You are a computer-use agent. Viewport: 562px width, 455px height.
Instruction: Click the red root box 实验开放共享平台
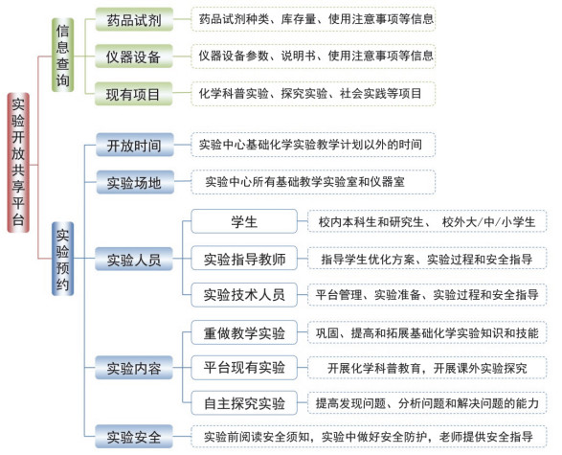[x=18, y=163]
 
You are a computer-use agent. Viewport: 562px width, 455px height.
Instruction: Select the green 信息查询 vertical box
[x=63, y=55]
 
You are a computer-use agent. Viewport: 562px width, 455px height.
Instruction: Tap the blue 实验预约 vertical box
[x=63, y=259]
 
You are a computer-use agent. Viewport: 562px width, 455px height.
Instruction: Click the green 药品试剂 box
[x=134, y=19]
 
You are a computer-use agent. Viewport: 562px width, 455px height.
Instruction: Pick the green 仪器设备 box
[x=134, y=57]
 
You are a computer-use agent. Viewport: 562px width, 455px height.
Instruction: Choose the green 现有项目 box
[x=133, y=94]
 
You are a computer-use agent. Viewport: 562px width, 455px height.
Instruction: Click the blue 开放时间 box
[x=135, y=145]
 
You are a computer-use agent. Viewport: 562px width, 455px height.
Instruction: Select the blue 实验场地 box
[x=135, y=182]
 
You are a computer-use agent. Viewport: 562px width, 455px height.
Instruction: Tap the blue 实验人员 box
[x=134, y=259]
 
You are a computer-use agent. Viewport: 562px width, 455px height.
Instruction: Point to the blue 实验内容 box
[x=134, y=368]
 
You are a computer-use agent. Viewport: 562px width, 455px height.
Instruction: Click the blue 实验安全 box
[x=134, y=437]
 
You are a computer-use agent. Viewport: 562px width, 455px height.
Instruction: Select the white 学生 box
[x=244, y=221]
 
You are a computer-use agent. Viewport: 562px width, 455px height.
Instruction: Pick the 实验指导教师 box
[x=244, y=259]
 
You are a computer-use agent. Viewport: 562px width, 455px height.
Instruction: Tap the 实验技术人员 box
[x=244, y=295]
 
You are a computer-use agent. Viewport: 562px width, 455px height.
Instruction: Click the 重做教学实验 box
[x=244, y=332]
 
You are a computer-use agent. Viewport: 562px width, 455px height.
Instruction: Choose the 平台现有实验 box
[x=244, y=368]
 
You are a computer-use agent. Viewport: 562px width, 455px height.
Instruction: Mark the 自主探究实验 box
[x=244, y=403]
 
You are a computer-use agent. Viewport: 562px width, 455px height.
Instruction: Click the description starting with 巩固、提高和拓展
[x=427, y=332]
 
